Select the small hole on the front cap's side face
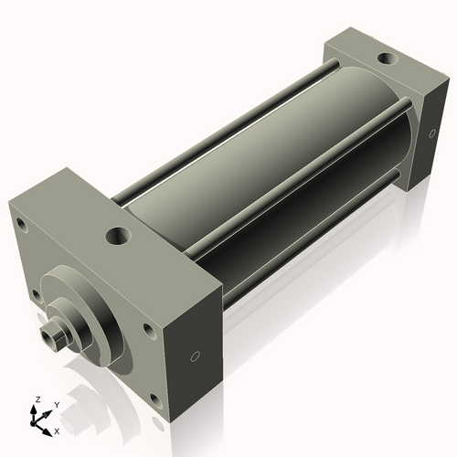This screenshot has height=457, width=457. click(194, 356)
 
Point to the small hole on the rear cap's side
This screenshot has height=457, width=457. click(429, 134)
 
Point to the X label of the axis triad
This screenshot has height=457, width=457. click(57, 430)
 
